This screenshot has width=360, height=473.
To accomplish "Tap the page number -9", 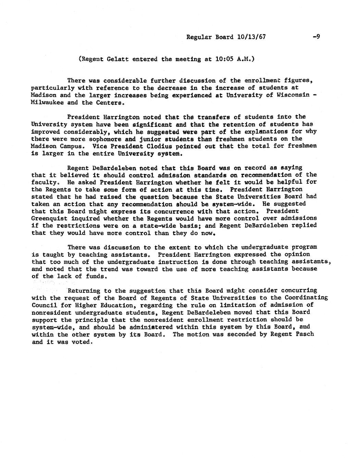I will [316, 37].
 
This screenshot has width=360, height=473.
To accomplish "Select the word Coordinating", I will [307, 298].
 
